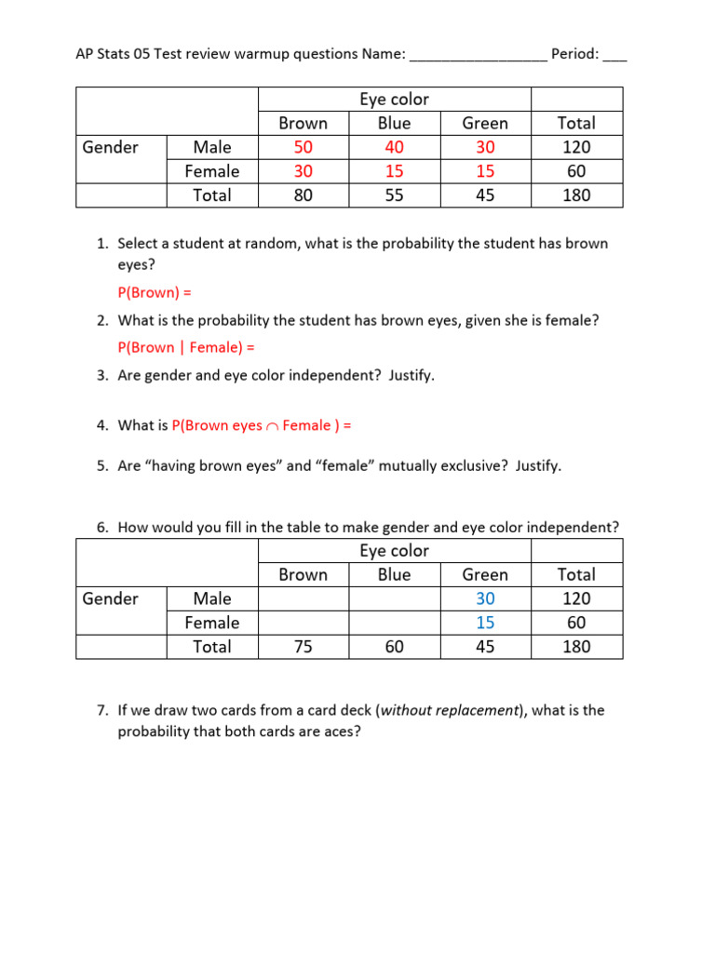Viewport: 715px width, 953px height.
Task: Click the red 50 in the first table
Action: pyautogui.click(x=303, y=147)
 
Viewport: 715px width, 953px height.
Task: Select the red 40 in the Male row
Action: pyautogui.click(x=394, y=147)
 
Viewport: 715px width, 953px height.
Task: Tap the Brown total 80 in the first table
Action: pyautogui.click(x=303, y=195)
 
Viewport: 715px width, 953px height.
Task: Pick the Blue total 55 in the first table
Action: pyautogui.click(x=394, y=195)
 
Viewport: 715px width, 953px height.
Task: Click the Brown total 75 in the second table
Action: pyautogui.click(x=303, y=647)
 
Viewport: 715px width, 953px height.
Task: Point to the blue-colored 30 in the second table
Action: pyautogui.click(x=485, y=598)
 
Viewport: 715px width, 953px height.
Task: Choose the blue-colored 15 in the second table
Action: pyautogui.click(x=485, y=623)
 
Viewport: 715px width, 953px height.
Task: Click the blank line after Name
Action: pyautogui.click(x=479, y=56)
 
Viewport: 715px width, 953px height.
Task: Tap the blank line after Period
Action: pyautogui.click(x=614, y=56)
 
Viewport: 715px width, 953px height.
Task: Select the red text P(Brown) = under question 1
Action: pyautogui.click(x=154, y=292)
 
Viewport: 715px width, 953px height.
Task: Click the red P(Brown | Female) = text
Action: pyautogui.click(x=186, y=347)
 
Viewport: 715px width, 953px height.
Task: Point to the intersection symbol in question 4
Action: pyautogui.click(x=272, y=426)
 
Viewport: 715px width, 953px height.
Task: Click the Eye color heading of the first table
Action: pyautogui.click(x=394, y=100)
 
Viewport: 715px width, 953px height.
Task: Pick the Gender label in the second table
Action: pyautogui.click(x=110, y=598)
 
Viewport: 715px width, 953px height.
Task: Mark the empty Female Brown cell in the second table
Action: pyautogui.click(x=303, y=623)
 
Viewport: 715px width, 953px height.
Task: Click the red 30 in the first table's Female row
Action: pyautogui.click(x=303, y=171)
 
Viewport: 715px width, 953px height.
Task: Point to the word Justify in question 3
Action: pyautogui.click(x=411, y=376)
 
